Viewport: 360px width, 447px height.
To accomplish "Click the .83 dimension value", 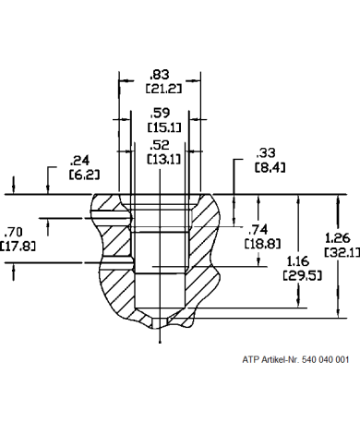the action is [x=160, y=75].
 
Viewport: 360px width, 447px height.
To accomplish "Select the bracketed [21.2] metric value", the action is [x=163, y=89].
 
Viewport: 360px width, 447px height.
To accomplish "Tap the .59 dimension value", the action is [x=160, y=113].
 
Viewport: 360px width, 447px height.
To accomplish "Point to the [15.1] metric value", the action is [x=164, y=127].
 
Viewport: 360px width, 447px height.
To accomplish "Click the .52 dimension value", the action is [x=160, y=145].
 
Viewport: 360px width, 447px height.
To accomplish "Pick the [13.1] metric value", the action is [x=164, y=159].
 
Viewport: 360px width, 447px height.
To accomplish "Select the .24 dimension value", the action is [x=79, y=161].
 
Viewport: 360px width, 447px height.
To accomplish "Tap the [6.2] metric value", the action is [x=84, y=175].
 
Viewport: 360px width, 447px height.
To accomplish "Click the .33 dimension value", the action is [x=266, y=153].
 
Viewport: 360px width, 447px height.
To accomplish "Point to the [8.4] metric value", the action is [x=270, y=167].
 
